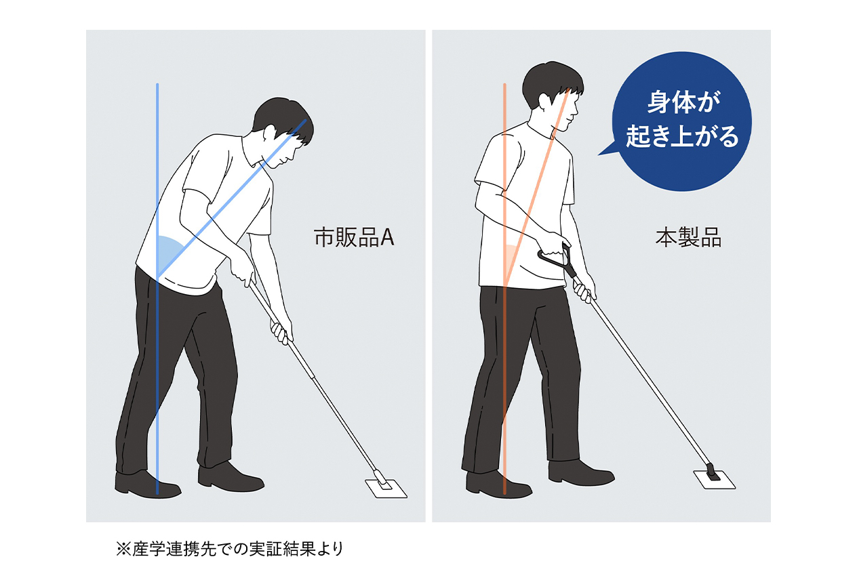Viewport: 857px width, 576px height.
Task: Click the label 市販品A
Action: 354,237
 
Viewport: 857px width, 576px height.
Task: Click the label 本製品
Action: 688,237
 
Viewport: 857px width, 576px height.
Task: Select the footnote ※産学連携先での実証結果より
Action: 230,549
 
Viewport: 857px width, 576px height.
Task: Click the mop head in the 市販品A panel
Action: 386,488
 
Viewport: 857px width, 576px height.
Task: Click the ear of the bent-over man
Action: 270,132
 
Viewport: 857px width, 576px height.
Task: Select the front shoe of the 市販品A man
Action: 231,477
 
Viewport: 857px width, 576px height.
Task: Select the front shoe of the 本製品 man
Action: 581,473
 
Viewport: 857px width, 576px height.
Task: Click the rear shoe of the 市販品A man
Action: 147,485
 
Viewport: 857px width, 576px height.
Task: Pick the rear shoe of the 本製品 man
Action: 498,485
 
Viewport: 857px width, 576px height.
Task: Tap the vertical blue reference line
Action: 157,289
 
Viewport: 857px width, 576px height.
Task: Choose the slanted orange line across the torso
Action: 537,186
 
